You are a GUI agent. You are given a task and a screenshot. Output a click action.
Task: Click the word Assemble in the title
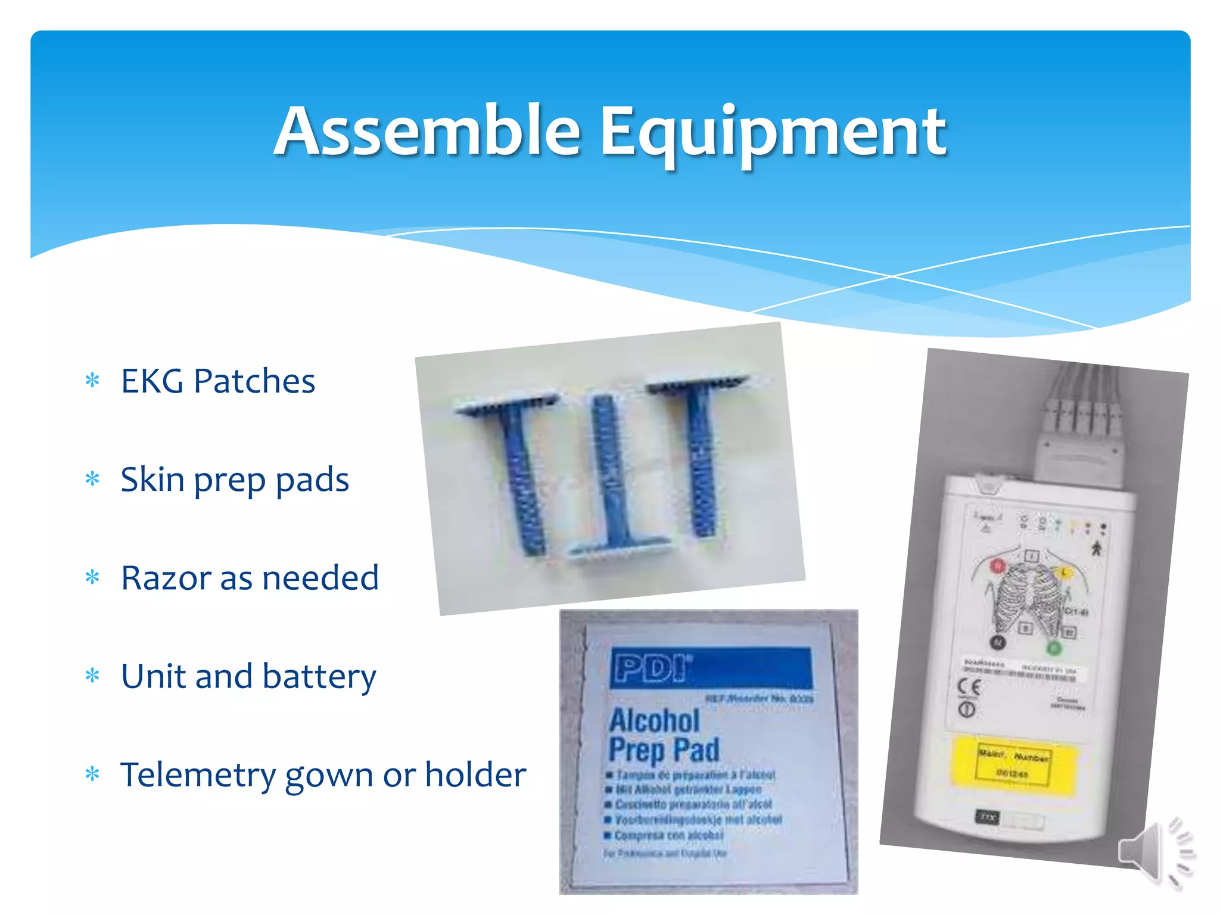tap(427, 132)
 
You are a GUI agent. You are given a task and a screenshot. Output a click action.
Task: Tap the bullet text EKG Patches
tap(217, 381)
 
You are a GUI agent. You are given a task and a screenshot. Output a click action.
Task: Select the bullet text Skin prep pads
tap(234, 480)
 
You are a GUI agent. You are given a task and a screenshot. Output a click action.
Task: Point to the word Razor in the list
tap(166, 578)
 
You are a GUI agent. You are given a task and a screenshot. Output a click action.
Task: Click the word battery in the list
tap(319, 677)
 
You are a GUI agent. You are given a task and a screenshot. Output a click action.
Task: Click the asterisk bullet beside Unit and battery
tap(92, 676)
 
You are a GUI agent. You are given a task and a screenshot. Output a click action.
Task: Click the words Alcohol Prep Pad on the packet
tap(663, 735)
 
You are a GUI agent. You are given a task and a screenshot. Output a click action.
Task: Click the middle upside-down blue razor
tap(612, 477)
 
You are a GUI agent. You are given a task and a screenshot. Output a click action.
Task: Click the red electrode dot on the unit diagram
tap(997, 565)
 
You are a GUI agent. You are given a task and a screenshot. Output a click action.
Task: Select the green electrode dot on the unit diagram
tap(1053, 648)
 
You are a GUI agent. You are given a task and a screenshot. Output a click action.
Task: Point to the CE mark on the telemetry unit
tap(967, 687)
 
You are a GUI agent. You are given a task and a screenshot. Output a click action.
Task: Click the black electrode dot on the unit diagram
tap(998, 642)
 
